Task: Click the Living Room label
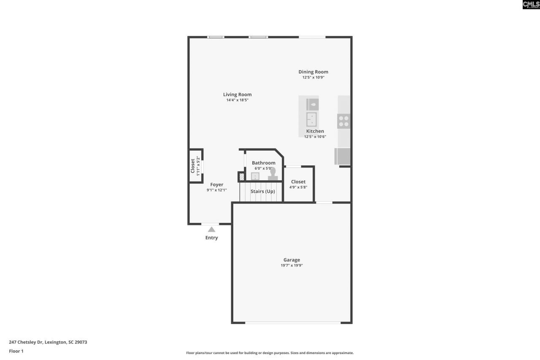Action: point(237,95)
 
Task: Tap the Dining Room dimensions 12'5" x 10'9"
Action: point(313,78)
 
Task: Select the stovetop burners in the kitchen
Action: point(344,121)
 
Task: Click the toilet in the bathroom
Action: point(273,174)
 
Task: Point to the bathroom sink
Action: point(255,176)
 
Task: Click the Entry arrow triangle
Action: point(211,230)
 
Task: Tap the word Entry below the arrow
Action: point(211,238)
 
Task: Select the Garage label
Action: point(292,260)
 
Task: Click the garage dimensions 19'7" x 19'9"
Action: point(292,265)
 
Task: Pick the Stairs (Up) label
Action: point(263,192)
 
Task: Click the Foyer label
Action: point(217,184)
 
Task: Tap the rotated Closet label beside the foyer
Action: point(193,165)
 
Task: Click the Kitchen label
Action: point(315,131)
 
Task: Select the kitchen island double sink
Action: point(312,119)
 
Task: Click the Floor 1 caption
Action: point(16,351)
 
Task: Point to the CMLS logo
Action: point(531,5)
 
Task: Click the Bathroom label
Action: point(264,163)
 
